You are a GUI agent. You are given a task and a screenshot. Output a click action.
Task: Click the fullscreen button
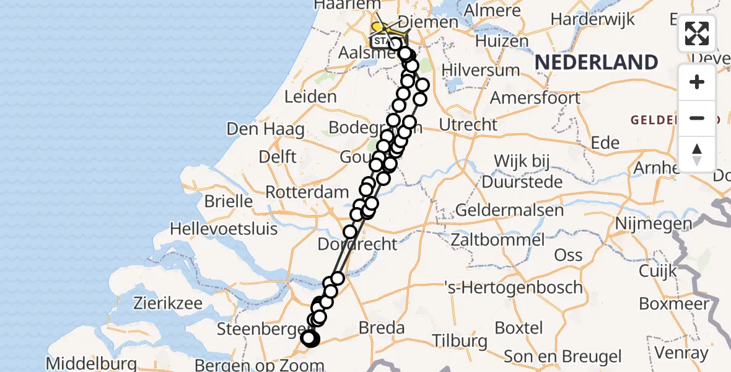coord(697,33)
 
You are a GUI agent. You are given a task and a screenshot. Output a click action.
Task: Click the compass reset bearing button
coord(697,154)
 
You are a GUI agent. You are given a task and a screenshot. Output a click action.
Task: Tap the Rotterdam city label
coord(307,192)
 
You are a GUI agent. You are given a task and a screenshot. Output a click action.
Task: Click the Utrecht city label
coord(468,125)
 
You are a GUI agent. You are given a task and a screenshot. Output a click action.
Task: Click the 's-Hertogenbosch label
coord(514,288)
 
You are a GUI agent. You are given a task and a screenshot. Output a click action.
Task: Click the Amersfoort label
coord(535,98)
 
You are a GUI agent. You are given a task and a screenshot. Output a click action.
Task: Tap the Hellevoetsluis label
coord(224,229)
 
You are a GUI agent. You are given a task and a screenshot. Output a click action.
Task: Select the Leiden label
coord(310,97)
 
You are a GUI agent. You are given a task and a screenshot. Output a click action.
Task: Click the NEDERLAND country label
coord(596,62)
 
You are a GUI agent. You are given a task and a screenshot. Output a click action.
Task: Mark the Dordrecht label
coord(357,244)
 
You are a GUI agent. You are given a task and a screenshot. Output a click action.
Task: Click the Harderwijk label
coord(593,19)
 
